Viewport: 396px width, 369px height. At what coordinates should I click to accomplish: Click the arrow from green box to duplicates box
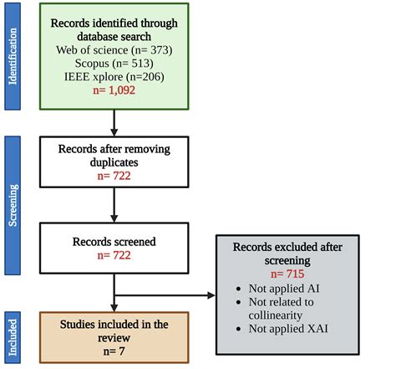pyautogui.click(x=114, y=124)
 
